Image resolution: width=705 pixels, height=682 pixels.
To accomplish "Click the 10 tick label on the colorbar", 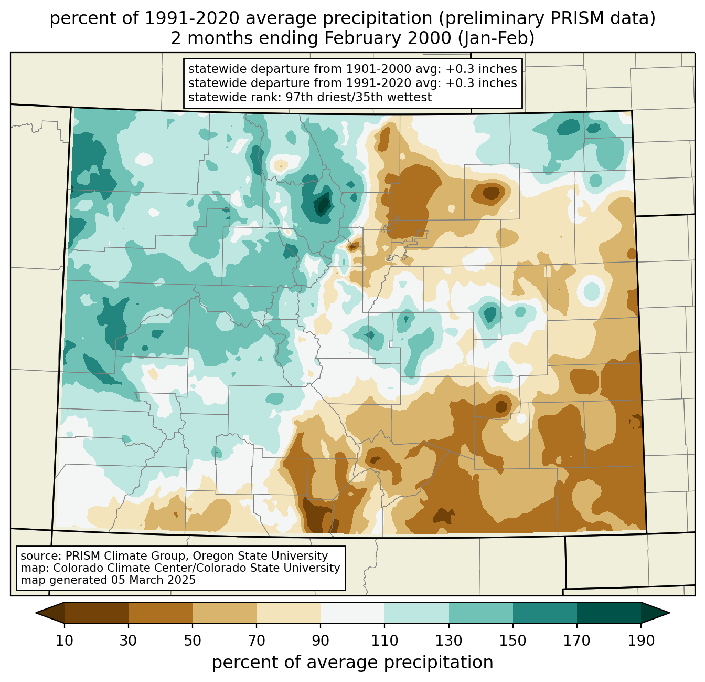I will coord(65,641).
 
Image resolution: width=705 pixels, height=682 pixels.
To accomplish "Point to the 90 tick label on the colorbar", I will coord(321,641).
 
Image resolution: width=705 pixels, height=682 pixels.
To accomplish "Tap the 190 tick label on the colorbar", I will coord(641,641).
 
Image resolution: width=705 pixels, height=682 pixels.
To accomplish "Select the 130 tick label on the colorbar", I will coord(449,641).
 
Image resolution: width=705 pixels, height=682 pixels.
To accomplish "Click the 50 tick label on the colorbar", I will coord(193,641).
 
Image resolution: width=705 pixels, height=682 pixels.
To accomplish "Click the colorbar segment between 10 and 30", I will coord(97,613).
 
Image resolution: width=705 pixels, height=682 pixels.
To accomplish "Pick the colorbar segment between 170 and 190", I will coord(609,613).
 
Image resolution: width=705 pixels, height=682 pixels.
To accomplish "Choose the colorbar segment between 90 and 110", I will coord(352,613).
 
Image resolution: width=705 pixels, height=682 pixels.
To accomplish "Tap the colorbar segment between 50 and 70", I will coord(225,613).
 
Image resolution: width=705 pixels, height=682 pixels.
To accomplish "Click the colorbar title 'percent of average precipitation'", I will coord(352,663).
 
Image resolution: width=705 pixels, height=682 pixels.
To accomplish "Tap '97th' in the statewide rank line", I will coord(299,97).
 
